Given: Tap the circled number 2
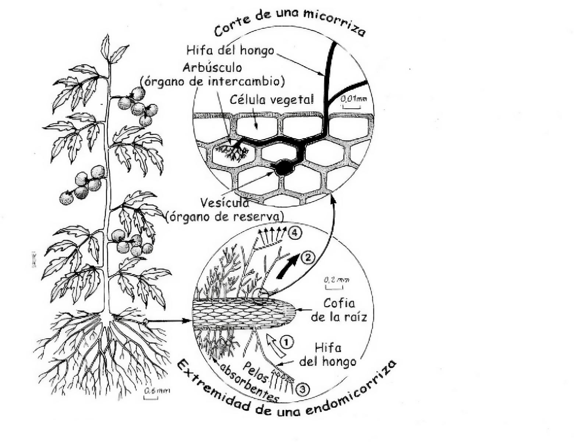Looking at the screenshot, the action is click(308, 257).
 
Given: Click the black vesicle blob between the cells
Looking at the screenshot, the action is click(283, 168).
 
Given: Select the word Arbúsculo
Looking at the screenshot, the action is click(213, 68).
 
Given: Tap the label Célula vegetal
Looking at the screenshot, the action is click(272, 99).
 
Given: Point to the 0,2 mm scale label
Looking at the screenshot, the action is click(336, 280).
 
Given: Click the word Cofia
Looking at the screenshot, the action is click(339, 303).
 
